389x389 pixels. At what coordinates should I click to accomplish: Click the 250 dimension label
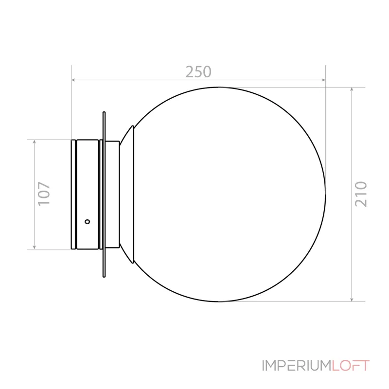(x=198, y=72)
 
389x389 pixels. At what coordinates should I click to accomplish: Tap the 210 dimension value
(x=361, y=194)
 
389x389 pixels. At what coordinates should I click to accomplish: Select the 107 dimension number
(x=44, y=194)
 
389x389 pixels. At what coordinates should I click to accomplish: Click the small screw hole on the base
(x=88, y=222)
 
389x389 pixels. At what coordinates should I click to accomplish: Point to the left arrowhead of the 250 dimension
(x=73, y=80)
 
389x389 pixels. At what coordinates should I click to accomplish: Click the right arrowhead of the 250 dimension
(x=323, y=80)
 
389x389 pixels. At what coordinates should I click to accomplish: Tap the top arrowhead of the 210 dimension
(x=352, y=89)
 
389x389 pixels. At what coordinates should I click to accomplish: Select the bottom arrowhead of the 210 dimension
(x=352, y=300)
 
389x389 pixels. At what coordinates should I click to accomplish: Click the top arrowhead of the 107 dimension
(x=34, y=141)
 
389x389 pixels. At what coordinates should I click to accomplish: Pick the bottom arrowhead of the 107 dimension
(x=34, y=247)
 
